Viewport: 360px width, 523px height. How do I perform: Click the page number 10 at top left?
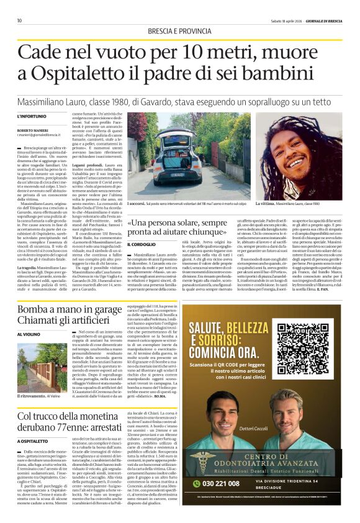pos(19,20)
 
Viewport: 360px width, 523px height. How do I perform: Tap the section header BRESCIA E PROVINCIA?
pos(179,31)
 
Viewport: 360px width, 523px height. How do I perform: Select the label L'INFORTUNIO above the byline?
pos(31,116)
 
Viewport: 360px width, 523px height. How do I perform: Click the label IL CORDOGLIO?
pos(142,245)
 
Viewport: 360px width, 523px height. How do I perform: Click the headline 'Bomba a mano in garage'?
pos(70,310)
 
